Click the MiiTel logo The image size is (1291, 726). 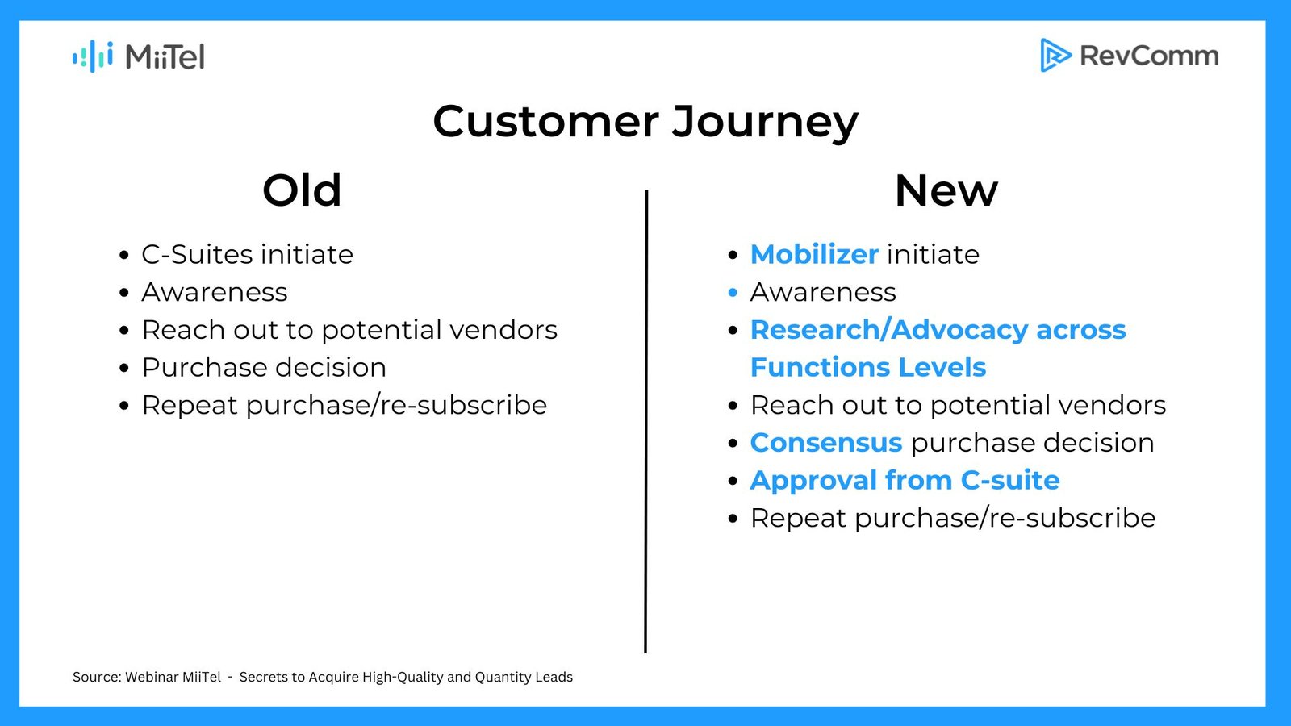(138, 56)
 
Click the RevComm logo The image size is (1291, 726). (1130, 56)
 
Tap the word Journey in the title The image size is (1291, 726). (766, 123)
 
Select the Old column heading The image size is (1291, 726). (302, 190)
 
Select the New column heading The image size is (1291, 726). (946, 190)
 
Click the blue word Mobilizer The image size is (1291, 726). (814, 254)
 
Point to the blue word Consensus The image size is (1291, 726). (826, 443)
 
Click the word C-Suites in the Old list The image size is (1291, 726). (197, 254)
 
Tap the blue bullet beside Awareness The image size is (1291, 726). (733, 293)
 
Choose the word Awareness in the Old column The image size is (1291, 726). (215, 292)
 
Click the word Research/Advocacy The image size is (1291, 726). (888, 330)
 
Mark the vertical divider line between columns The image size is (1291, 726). (646, 421)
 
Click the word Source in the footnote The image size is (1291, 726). (96, 677)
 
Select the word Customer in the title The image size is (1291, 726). (545, 121)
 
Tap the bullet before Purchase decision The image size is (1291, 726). (124, 368)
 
